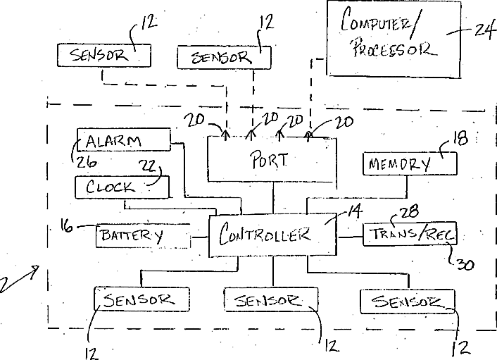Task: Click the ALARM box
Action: pos(124,139)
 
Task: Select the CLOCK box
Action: pos(122,187)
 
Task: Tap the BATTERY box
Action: pos(144,235)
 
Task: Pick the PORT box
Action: pos(272,159)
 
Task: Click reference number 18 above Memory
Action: pos(460,139)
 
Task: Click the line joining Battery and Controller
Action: pos(201,237)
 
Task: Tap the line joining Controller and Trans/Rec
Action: pos(349,236)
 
